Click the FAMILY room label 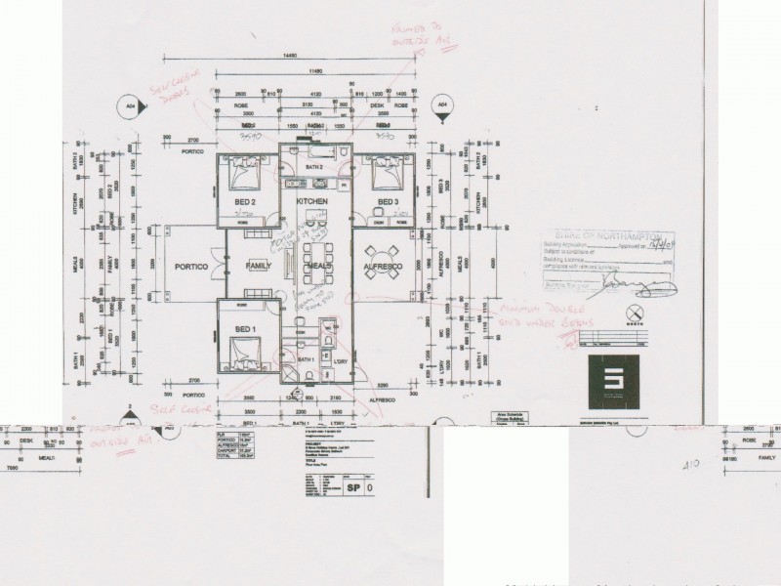(259, 266)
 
